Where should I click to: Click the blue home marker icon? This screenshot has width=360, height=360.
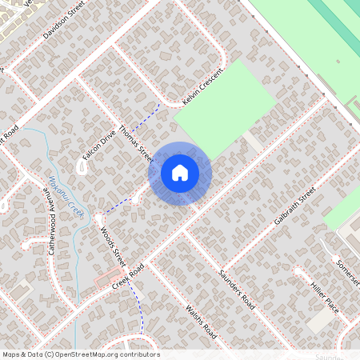[x=180, y=173]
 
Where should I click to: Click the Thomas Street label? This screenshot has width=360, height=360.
[x=134, y=142]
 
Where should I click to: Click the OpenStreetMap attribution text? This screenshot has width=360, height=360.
[x=80, y=354]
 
